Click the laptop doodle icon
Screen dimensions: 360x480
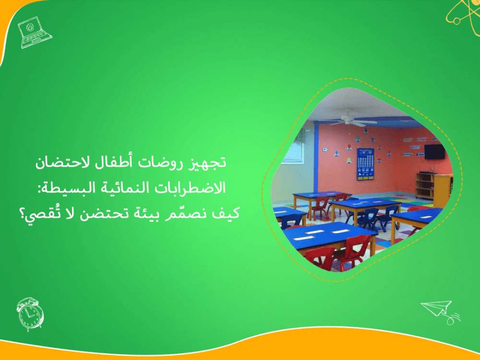(34, 32)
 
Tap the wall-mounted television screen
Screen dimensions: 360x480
(435, 152)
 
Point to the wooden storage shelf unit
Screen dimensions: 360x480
(424, 186)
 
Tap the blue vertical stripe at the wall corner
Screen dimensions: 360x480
(315, 158)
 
